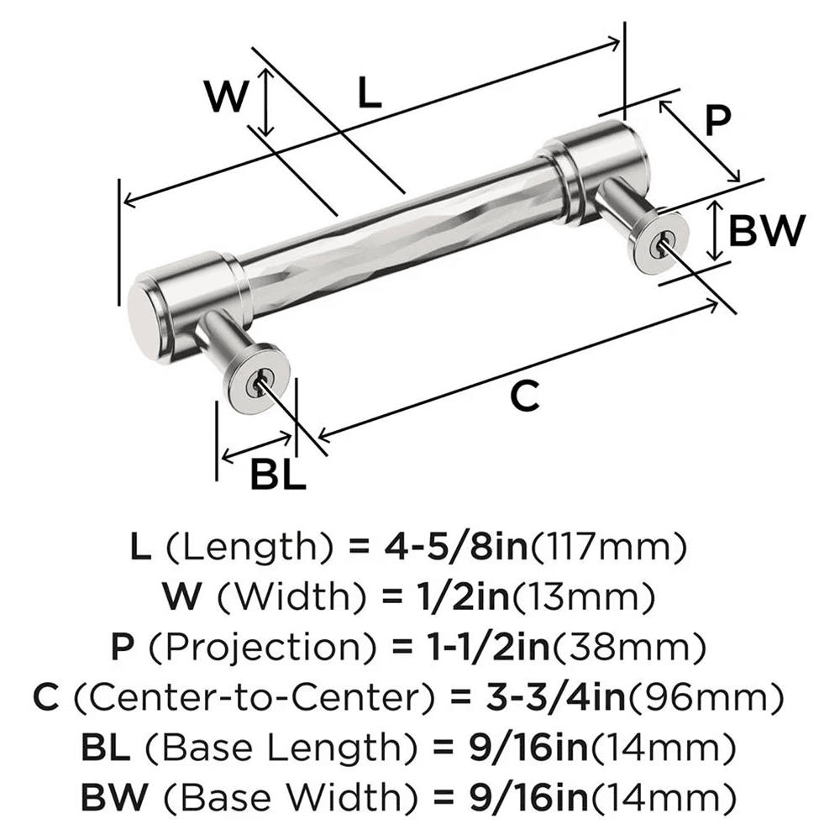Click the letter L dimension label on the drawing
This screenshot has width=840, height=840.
coord(369,92)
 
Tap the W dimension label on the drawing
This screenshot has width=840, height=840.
coord(228,98)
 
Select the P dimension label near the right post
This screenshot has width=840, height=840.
coord(717,120)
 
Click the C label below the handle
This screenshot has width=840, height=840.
coord(525,396)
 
